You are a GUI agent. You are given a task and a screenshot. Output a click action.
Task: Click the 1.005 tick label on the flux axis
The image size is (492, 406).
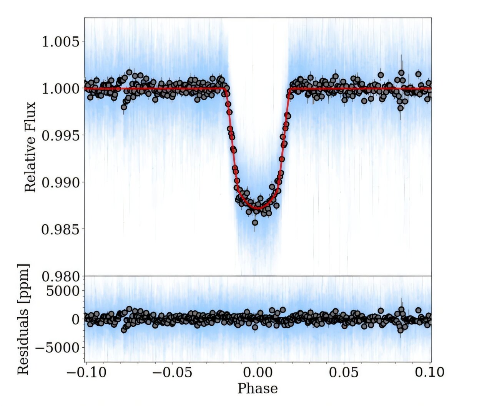click(x=60, y=41)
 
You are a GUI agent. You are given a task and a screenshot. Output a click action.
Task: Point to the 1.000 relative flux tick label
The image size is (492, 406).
click(x=60, y=88)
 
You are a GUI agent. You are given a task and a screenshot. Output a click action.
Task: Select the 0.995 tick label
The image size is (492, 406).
click(x=60, y=136)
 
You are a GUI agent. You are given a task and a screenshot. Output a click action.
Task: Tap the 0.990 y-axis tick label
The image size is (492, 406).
click(x=60, y=182)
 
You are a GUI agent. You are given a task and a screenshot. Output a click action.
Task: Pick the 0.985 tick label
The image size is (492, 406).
click(x=60, y=230)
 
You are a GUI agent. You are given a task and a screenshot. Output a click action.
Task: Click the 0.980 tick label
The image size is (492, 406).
click(x=60, y=277)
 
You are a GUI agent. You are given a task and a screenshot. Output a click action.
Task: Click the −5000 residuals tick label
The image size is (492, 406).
click(x=57, y=348)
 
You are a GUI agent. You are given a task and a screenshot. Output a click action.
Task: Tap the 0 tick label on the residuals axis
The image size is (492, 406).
click(x=76, y=319)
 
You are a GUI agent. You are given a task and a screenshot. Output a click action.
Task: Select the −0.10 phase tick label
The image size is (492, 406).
click(x=85, y=372)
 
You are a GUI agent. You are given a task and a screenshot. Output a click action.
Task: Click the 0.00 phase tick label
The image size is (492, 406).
click(x=258, y=372)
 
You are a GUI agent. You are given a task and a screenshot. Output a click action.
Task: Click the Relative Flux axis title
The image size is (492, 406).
click(x=30, y=147)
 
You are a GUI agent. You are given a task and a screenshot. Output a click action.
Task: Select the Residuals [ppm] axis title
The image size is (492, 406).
click(x=23, y=319)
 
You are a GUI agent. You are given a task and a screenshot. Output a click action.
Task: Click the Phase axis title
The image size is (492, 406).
click(x=258, y=388)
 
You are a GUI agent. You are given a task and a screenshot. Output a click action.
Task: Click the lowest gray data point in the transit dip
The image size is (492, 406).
click(x=255, y=222)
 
